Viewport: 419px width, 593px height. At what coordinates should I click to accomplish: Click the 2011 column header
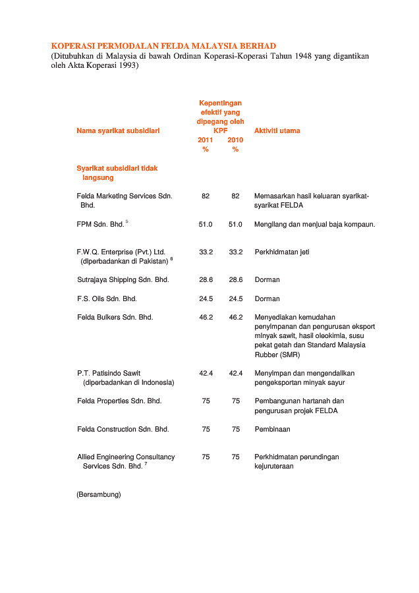pos(206,140)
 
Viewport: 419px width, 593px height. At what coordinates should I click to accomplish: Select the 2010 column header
pos(235,140)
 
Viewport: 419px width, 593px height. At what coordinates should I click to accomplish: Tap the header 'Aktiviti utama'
pos(277,130)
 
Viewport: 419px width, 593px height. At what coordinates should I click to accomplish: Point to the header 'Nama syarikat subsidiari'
pos(118,130)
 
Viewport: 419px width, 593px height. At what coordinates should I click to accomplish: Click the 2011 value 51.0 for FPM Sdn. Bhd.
pos(206,224)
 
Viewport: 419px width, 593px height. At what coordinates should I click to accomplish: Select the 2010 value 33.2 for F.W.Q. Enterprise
pos(236,252)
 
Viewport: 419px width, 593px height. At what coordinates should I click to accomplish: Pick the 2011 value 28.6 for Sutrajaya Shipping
pos(206,279)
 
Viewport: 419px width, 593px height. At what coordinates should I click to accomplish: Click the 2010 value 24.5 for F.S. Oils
pos(236,298)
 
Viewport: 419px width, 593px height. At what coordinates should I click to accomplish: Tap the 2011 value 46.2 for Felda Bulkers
pos(206,317)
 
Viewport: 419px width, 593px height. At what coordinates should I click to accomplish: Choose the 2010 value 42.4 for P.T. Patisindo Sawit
pos(236,373)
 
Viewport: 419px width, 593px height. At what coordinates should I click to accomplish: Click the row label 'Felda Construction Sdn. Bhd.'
pos(123,429)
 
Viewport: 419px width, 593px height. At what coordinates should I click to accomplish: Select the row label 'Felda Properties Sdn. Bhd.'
pos(119,401)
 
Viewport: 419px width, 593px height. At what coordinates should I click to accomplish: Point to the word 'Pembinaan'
pos(272,429)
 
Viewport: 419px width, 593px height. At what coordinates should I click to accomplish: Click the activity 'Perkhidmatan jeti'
pos(282,252)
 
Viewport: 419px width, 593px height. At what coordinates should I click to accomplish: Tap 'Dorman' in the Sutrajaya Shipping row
pos(267,279)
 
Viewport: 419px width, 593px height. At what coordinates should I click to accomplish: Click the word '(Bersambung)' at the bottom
pos(99,494)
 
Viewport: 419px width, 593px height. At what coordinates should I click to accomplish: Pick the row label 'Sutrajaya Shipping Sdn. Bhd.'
pos(123,279)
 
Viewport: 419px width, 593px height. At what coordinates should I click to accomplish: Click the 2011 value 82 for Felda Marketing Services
pos(206,196)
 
